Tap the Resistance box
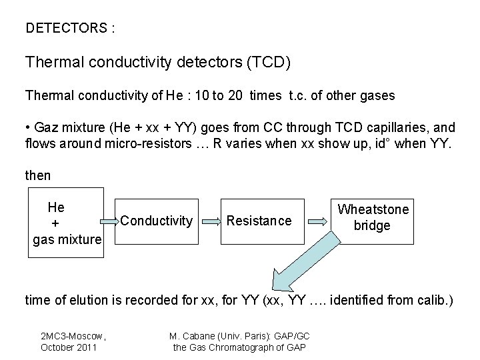(259, 221)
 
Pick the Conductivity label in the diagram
(158, 220)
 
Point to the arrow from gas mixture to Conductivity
(111, 219)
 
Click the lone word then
(38, 176)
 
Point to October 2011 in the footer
(69, 347)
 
